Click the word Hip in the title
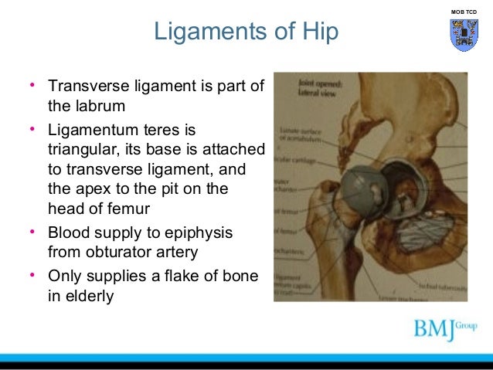tap(319, 32)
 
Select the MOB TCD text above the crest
tap(463, 12)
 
